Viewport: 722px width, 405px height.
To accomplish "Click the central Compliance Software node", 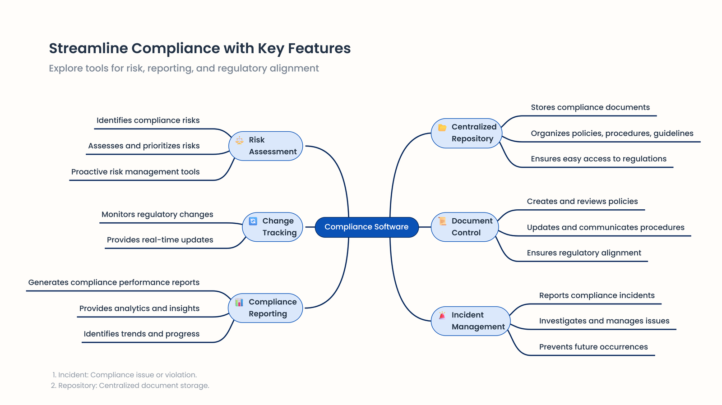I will tap(366, 227).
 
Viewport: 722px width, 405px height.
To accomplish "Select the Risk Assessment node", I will tap(266, 146).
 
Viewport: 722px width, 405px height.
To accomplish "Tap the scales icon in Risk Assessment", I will tap(240, 140).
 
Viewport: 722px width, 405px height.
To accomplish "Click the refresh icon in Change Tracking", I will tap(253, 221).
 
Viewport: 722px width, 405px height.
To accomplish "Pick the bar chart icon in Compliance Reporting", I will tap(239, 302).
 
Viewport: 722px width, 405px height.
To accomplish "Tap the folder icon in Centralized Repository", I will tap(442, 128).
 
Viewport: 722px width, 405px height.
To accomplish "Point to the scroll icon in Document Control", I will tap(442, 221).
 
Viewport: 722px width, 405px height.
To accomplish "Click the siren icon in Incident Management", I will tap(442, 315).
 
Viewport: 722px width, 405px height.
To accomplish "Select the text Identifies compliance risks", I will tap(148, 120).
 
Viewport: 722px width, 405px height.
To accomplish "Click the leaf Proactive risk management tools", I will tap(135, 172).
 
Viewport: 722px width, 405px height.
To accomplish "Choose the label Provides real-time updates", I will tap(160, 240).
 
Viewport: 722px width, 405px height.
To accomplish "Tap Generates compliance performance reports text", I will tap(114, 282).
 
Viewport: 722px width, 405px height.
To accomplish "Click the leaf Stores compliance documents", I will tap(590, 107).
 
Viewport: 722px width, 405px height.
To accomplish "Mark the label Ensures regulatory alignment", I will tap(584, 253).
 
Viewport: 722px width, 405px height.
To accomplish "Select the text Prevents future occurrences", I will tap(593, 347).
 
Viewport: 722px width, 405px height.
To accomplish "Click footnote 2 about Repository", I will tap(130, 386).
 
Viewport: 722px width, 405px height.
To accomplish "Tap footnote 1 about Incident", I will tap(125, 375).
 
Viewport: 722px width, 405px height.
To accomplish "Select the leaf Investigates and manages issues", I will tap(604, 321).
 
